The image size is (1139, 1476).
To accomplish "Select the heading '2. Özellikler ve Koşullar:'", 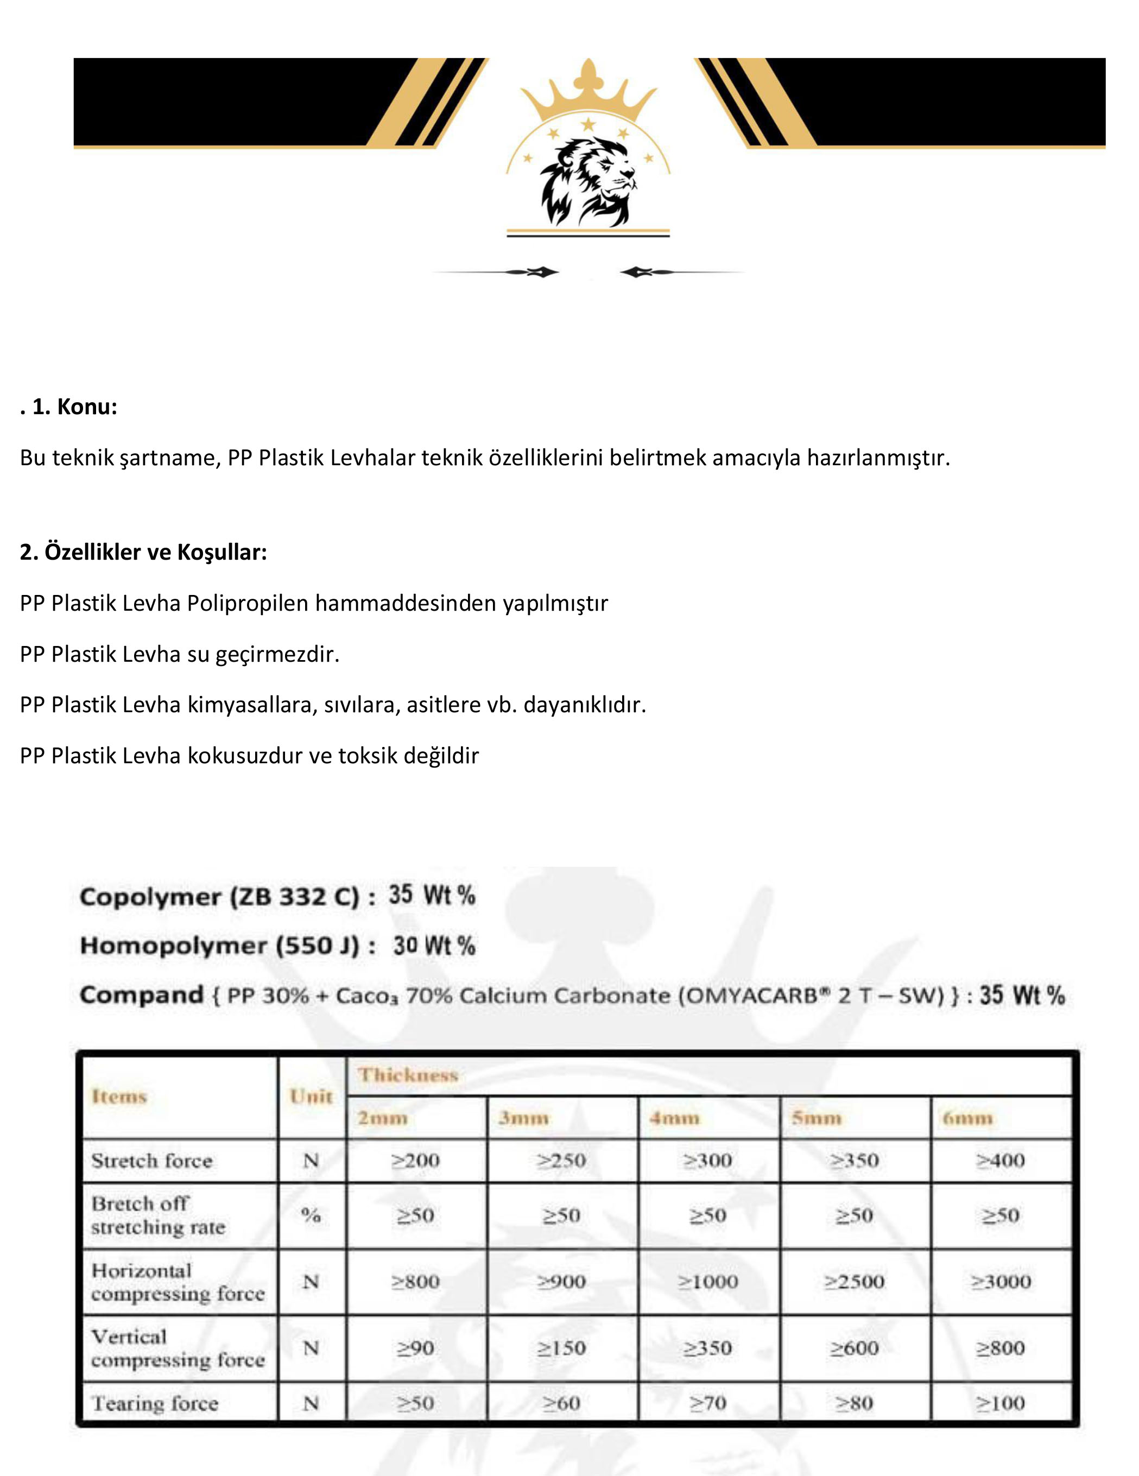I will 143,552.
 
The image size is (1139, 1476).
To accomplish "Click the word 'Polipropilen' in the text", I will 248,603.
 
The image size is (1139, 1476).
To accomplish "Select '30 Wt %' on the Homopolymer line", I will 434,946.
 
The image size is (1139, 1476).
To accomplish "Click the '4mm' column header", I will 674,1118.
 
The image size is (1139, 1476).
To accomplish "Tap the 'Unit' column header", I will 311,1096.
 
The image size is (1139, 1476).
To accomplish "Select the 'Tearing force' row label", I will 155,1404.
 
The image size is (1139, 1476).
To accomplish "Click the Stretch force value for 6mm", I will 1001,1161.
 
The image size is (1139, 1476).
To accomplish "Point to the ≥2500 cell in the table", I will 855,1281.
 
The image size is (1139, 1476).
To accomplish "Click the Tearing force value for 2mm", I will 415,1404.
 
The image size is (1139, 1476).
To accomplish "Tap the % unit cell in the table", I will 311,1215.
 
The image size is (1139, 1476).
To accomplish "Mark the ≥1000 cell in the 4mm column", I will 708,1281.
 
